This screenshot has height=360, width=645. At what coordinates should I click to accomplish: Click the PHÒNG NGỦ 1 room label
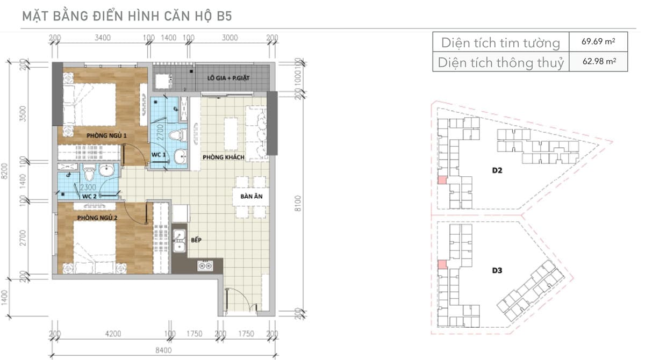pos(106,135)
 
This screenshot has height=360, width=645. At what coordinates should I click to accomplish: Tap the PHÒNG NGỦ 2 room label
pos(97,218)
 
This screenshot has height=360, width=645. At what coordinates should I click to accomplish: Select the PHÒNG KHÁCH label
pos(224,157)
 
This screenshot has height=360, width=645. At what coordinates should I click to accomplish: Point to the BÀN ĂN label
pos(252,196)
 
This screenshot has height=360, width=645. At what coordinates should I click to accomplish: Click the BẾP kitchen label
pos(196,240)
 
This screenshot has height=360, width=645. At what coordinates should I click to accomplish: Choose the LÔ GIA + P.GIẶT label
pos(228,78)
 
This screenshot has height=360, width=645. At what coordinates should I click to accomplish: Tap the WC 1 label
pos(159,155)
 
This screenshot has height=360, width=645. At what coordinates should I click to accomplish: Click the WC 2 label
pos(89,197)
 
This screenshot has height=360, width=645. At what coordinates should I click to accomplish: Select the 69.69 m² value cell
pos(598,41)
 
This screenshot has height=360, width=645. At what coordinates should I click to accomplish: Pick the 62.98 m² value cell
pos(599,61)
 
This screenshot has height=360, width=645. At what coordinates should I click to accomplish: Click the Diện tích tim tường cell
pos(501,43)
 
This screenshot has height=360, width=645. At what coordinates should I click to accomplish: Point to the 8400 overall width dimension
pos(163,350)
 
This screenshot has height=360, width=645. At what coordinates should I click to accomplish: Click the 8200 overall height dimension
pos(4,171)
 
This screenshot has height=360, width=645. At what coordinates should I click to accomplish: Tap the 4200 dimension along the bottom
pos(113,334)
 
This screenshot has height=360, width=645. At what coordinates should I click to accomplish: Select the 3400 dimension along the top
pos(103,38)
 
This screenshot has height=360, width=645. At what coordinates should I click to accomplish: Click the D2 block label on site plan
pos(497,170)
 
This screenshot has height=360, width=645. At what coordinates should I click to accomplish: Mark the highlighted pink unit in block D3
pos(442,264)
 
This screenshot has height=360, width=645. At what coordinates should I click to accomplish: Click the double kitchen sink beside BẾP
pos(180,241)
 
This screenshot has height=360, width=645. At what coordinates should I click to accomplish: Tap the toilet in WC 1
pos(178,135)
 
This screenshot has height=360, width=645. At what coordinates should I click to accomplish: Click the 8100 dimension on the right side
pos(298,203)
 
